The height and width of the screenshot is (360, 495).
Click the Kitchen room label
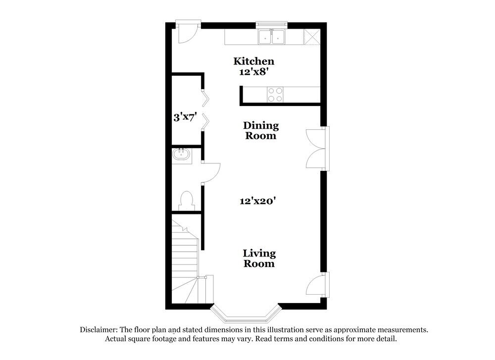tap(253, 61)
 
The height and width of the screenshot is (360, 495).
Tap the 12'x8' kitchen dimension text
tap(253, 72)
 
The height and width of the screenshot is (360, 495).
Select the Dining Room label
tap(261, 131)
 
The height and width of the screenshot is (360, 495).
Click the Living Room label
tap(258, 258)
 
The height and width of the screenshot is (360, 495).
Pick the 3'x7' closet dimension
tap(186, 118)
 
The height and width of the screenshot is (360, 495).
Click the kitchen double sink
tap(271, 37)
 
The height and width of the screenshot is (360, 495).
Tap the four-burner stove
tap(275, 94)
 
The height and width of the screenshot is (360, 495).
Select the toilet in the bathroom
tap(186, 201)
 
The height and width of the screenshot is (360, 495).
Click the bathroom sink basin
tap(182, 154)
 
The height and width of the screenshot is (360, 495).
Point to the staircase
tap(185, 262)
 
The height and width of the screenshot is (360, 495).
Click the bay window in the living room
tap(246, 314)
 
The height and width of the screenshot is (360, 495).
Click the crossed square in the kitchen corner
tap(312, 36)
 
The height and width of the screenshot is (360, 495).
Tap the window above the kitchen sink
tap(271, 23)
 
